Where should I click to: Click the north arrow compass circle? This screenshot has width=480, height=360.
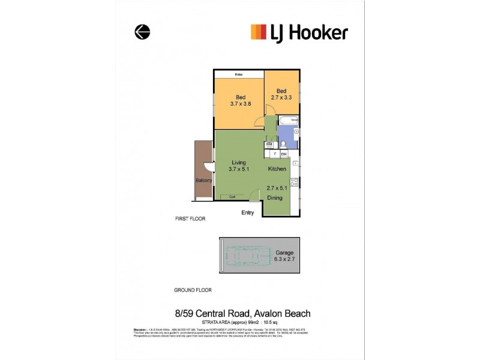click(142, 32)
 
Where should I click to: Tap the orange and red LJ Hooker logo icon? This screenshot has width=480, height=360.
click(258, 32)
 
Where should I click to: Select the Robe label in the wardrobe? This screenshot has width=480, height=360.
click(238, 74)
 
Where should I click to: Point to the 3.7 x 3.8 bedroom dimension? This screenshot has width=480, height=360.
click(240, 103)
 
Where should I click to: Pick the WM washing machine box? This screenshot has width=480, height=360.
click(269, 144)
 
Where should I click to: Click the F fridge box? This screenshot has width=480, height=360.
click(275, 154)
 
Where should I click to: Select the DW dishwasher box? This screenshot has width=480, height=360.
click(284, 154)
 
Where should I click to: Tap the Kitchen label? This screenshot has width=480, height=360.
click(277, 169)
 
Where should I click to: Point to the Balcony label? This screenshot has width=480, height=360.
click(203, 180)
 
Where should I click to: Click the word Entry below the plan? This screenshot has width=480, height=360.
click(247, 213)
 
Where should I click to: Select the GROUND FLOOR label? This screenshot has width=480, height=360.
click(193, 290)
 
